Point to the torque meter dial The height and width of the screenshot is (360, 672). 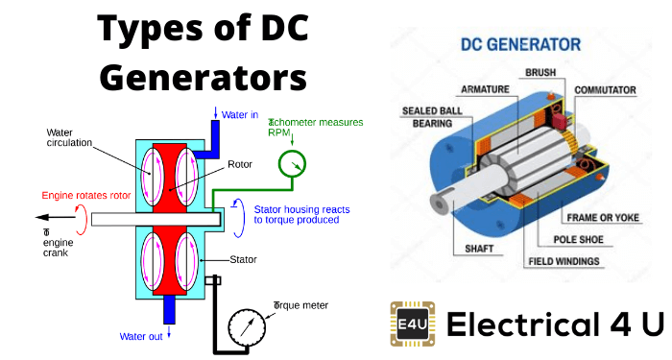[248, 329]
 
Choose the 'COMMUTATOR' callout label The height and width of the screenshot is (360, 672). [605, 90]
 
